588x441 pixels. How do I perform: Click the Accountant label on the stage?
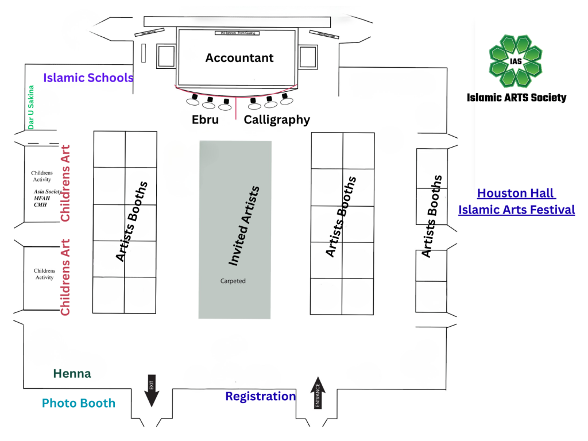(x=239, y=58)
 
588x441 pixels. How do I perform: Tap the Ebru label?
(x=205, y=120)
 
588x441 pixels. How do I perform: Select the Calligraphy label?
(x=277, y=120)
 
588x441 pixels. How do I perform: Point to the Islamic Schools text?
(x=88, y=78)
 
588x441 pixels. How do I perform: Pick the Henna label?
(x=72, y=374)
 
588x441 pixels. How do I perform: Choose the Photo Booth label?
(x=79, y=403)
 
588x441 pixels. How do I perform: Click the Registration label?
(x=260, y=396)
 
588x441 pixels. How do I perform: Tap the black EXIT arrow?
(x=152, y=392)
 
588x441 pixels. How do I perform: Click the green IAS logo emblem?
(x=515, y=61)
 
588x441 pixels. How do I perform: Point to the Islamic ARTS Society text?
(x=516, y=98)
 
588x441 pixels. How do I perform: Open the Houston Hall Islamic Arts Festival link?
(x=516, y=202)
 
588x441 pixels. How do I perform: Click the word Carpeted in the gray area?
(x=233, y=281)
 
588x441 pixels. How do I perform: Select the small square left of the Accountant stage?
(x=165, y=57)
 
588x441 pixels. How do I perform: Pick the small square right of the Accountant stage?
(x=308, y=57)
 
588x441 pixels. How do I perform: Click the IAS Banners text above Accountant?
(x=236, y=33)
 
